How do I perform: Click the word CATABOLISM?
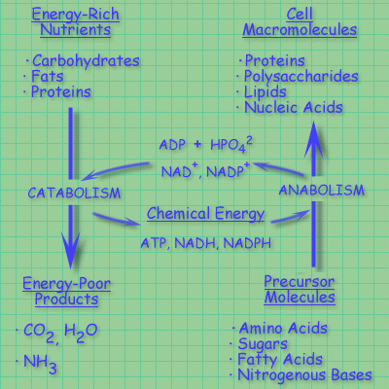tap(74, 193)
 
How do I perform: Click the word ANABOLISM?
tap(322, 190)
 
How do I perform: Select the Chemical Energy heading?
tap(205, 214)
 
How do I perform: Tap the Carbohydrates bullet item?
tap(86, 60)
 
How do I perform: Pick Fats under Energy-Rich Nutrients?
tap(47, 77)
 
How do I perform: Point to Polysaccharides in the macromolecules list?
tap(301, 77)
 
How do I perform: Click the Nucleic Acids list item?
tap(294, 107)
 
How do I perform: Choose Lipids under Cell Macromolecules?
tap(265, 92)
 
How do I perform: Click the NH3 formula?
tap(40, 364)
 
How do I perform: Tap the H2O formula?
tap(81, 333)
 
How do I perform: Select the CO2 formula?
tap(39, 333)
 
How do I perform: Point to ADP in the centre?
tap(172, 145)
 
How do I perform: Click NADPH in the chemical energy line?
tap(247, 243)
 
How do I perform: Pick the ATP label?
tap(154, 243)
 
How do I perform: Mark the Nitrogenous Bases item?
tap(304, 375)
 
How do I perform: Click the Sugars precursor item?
tap(263, 344)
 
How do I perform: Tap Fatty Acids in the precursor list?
tap(280, 360)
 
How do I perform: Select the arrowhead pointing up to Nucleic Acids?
tap(313, 139)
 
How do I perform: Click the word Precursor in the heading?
tap(300, 281)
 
